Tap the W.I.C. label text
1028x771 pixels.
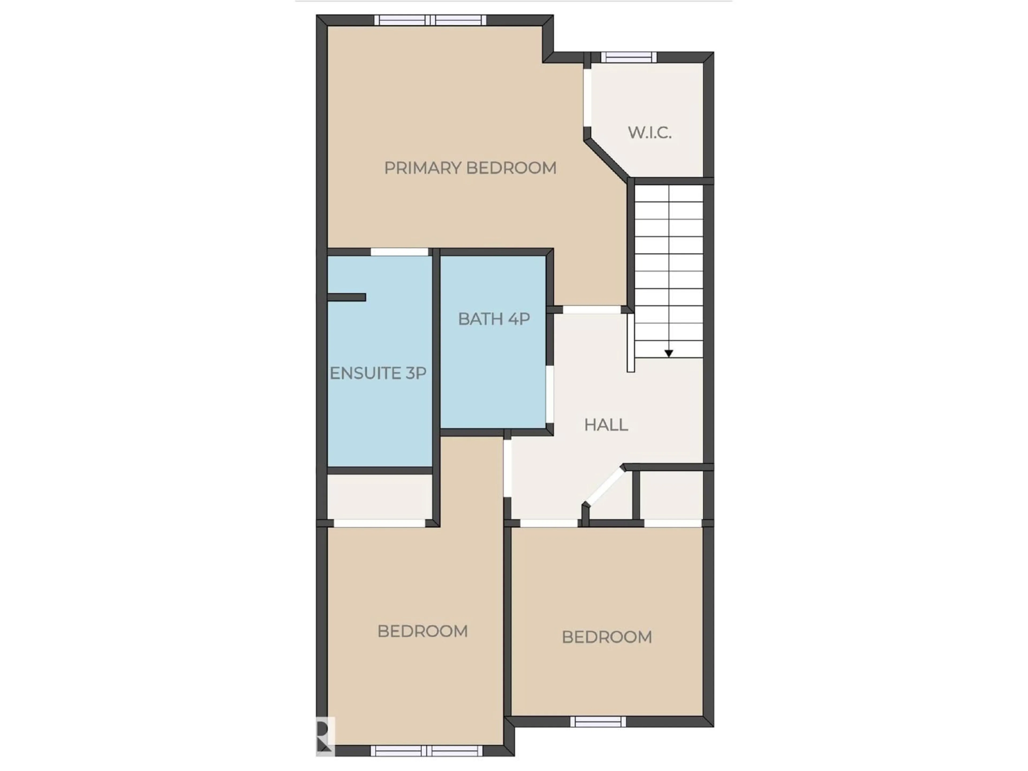click(x=649, y=133)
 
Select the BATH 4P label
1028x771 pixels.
click(x=494, y=319)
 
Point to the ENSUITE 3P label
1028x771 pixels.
click(x=378, y=373)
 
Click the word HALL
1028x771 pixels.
click(x=606, y=425)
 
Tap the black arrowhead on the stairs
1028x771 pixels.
click(x=668, y=354)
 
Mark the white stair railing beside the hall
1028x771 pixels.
click(x=631, y=342)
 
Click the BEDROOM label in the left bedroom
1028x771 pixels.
click(x=422, y=631)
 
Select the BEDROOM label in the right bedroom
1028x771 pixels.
click(x=606, y=637)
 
